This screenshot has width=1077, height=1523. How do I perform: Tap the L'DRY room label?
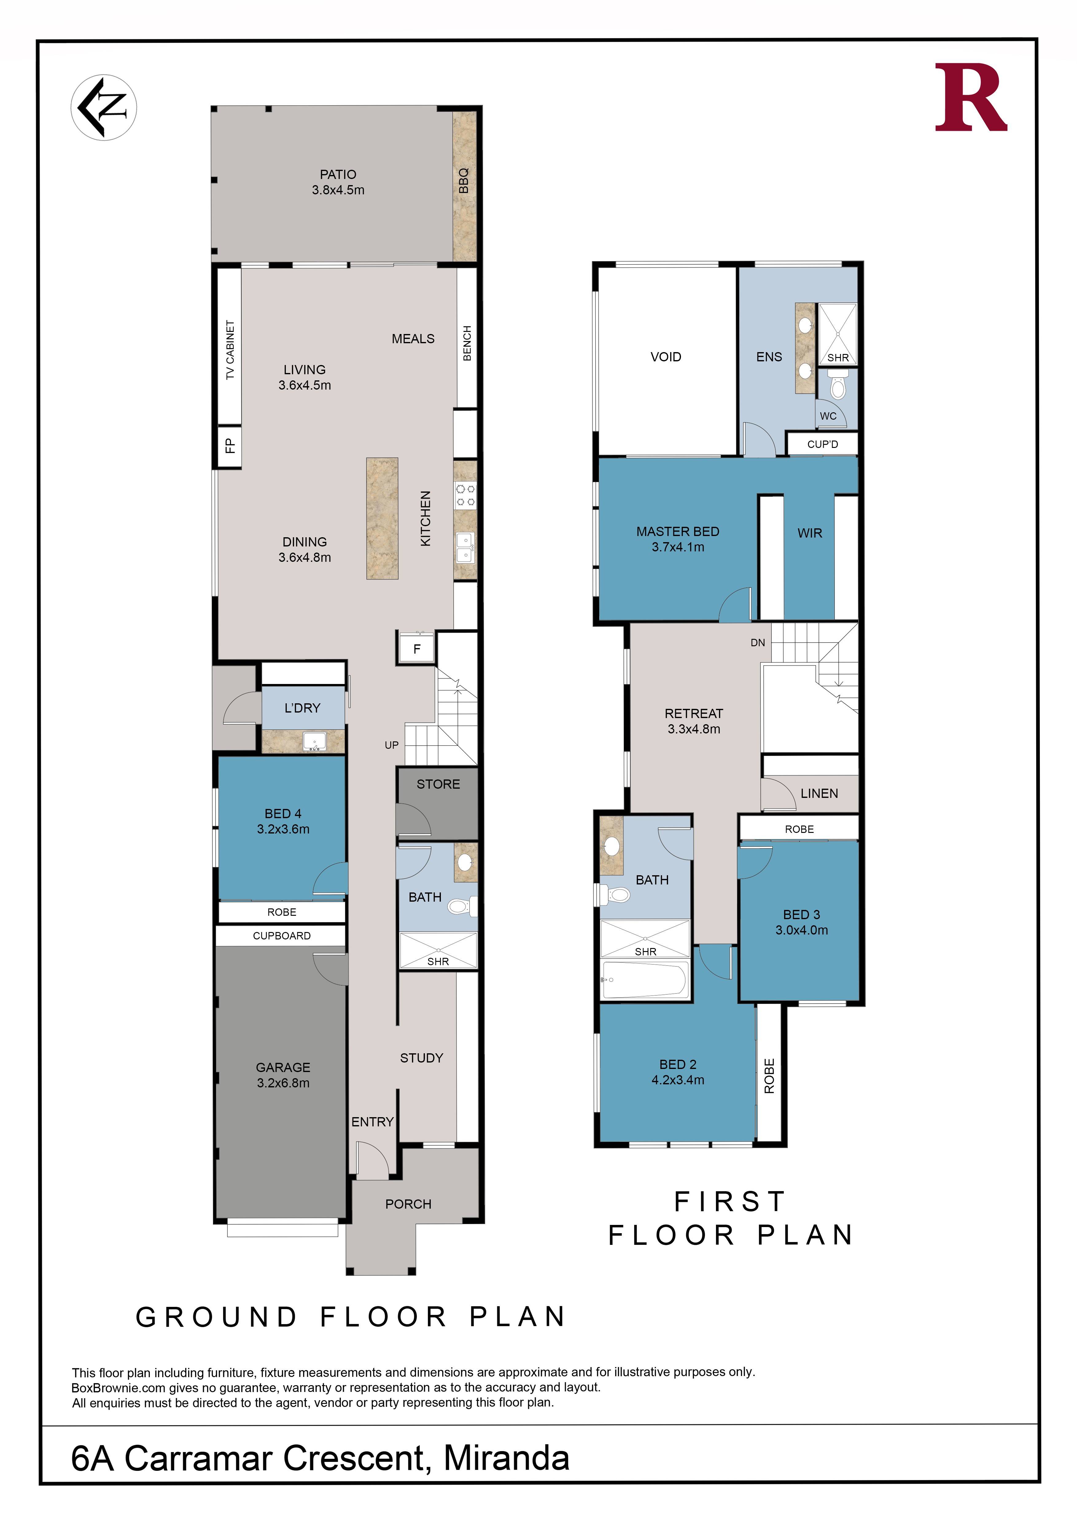pos(302,708)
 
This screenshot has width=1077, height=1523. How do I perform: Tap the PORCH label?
pos(409,1204)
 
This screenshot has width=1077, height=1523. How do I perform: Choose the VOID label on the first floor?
pos(666,357)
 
